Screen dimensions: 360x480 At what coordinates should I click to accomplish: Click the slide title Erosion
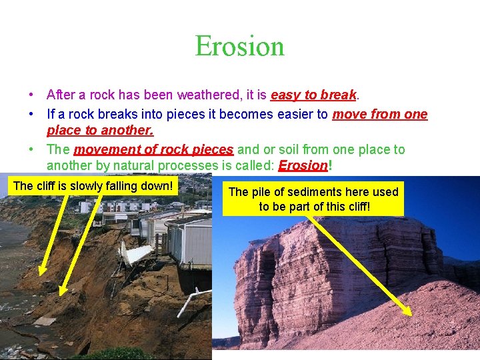(239, 46)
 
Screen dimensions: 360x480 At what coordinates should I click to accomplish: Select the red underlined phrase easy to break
(314, 95)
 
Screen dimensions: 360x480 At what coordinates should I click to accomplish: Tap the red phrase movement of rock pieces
(153, 149)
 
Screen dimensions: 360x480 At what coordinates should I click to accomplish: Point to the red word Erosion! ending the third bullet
(305, 165)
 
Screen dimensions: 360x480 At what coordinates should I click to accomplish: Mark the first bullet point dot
(32, 96)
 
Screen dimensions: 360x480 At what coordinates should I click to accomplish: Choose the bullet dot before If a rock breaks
(32, 115)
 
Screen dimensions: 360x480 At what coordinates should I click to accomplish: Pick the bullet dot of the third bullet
(32, 150)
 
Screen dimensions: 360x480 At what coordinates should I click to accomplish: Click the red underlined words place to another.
(100, 131)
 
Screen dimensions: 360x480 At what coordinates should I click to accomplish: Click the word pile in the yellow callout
(263, 192)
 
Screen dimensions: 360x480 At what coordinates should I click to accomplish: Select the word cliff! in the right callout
(355, 206)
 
